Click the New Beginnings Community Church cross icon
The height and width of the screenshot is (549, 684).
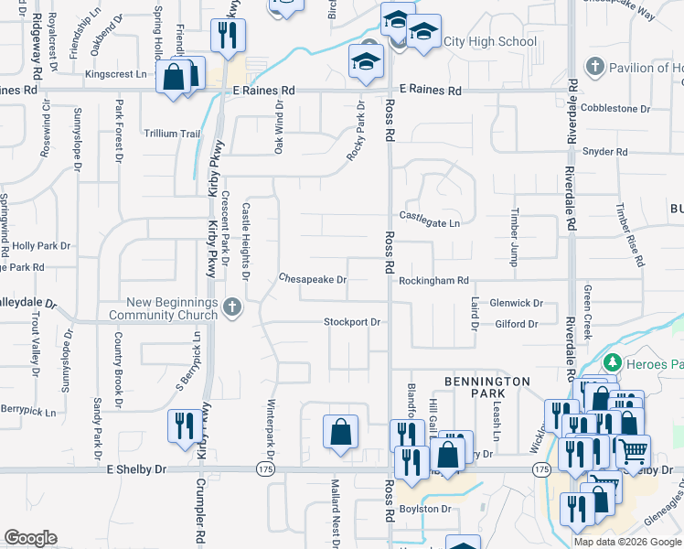point(231,307)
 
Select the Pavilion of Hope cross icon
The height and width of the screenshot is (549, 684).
point(594,67)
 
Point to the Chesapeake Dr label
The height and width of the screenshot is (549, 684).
point(313,279)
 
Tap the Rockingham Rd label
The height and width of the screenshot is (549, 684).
point(433,280)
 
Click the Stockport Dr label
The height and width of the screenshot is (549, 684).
point(352,322)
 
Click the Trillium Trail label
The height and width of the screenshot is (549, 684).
point(172,134)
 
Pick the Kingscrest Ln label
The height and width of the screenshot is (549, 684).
point(115,73)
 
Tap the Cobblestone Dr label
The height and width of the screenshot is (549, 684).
point(615,108)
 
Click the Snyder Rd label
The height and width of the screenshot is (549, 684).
point(603,151)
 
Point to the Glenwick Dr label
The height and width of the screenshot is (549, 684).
point(516,303)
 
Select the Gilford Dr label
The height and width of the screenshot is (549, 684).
point(518,324)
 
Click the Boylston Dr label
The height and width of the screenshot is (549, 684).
point(426,509)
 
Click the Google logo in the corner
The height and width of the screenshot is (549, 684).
point(30,538)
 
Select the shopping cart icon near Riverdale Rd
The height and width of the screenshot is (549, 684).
point(631,452)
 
